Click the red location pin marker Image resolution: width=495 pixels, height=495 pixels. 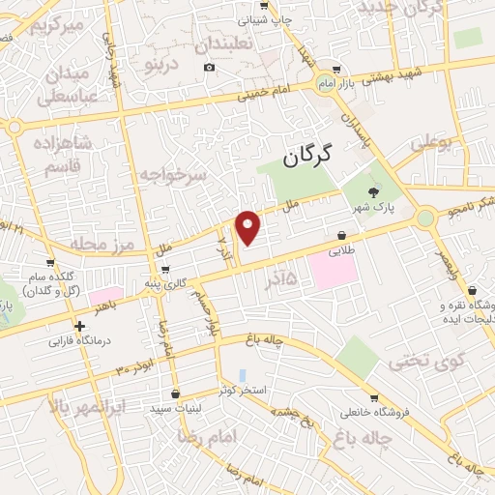(249, 227)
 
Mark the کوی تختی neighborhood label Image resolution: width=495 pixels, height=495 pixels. (422, 362)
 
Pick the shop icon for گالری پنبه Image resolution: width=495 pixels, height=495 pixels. (166, 270)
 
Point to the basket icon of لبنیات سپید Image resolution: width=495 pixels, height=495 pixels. (174, 394)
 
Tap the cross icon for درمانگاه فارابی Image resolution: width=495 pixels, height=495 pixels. (80, 327)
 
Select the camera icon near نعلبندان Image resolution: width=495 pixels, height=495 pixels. (210, 67)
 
